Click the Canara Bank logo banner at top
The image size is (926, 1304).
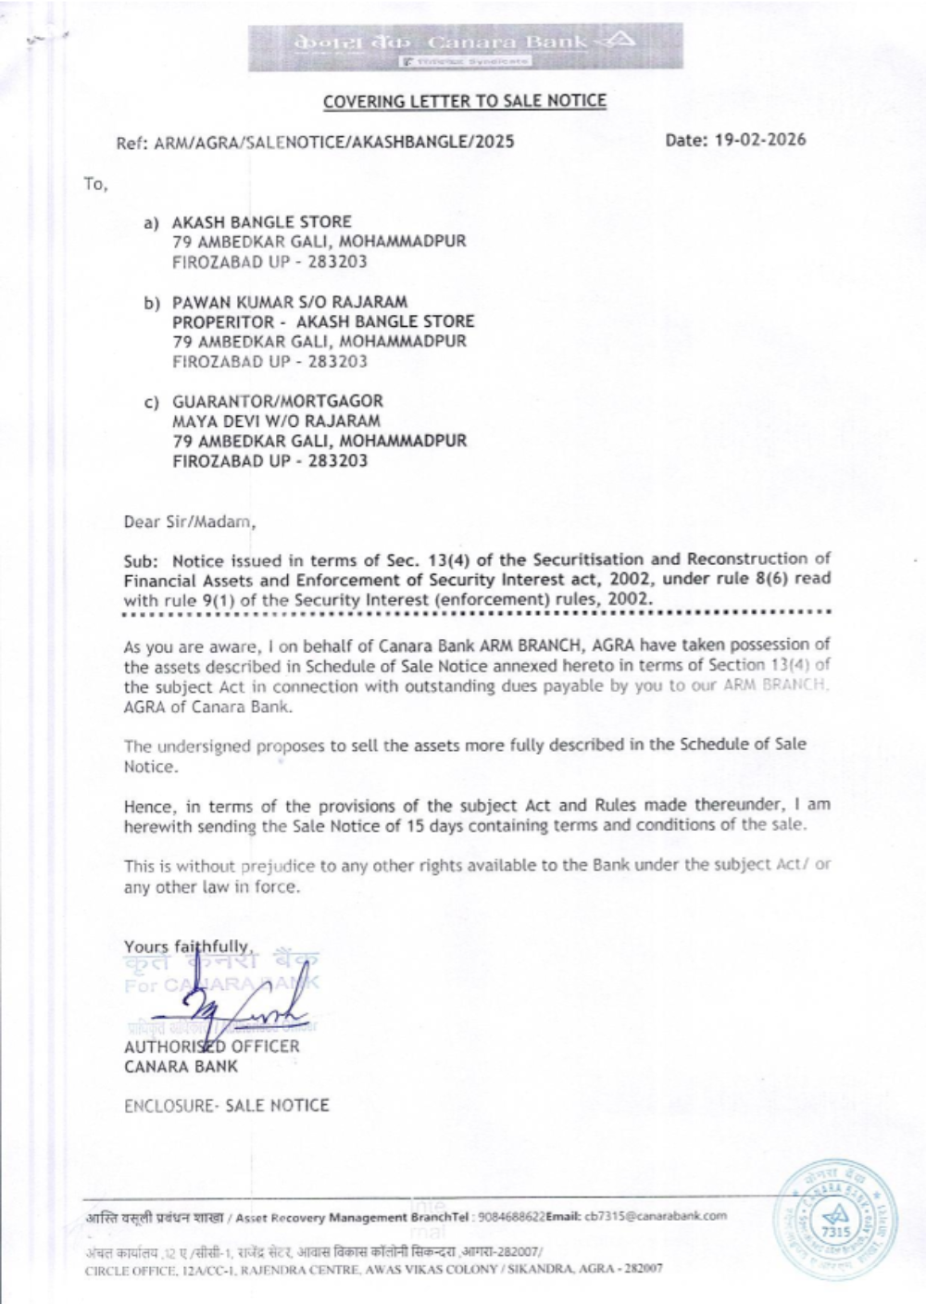pyautogui.click(x=465, y=45)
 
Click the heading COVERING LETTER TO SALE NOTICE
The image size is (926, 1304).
pyautogui.click(x=465, y=101)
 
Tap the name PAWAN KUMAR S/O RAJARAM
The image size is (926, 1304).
pyautogui.click(x=290, y=302)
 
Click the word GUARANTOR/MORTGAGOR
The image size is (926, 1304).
pyautogui.click(x=277, y=401)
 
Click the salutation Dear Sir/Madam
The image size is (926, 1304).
pyautogui.click(x=189, y=520)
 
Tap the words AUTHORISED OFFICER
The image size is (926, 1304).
pyautogui.click(x=212, y=1046)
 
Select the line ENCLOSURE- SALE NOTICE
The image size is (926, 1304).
pyautogui.click(x=227, y=1105)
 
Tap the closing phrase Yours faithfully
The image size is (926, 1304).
pyautogui.click(x=188, y=947)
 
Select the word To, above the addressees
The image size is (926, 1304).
pyautogui.click(x=96, y=184)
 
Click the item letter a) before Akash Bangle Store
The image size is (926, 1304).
pyautogui.click(x=150, y=223)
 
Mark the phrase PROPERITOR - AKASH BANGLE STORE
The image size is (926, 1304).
pyautogui.click(x=323, y=321)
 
